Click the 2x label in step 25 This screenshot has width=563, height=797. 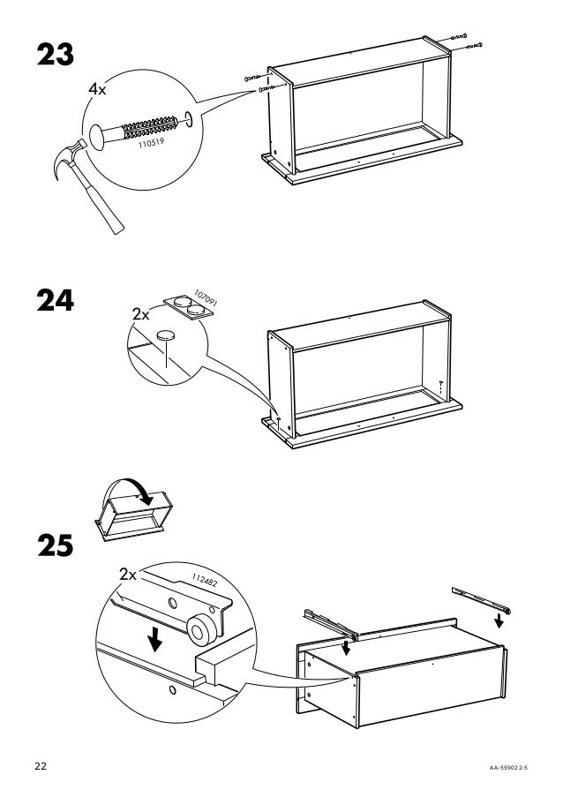[x=127, y=575]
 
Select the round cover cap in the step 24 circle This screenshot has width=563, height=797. [x=164, y=335]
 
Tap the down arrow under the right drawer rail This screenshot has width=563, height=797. [x=499, y=620]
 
